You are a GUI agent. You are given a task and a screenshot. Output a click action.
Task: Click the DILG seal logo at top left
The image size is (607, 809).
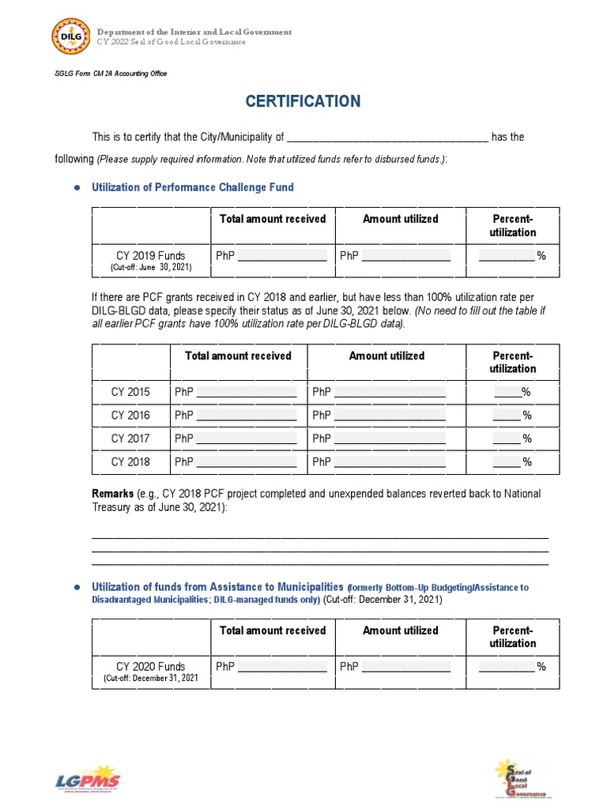point(71,37)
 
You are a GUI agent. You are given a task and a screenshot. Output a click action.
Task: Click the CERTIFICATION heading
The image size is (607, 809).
point(303,101)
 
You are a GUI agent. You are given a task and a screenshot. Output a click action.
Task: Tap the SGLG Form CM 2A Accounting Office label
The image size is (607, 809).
point(111,73)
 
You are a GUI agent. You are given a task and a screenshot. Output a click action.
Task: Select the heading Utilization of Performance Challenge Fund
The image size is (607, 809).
point(193,187)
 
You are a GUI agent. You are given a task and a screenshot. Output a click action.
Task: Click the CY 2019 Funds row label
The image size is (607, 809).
point(151,256)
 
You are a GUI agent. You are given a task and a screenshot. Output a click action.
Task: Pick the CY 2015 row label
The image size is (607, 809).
point(130,392)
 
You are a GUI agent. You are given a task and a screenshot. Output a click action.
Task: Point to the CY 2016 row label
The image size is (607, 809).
point(130,415)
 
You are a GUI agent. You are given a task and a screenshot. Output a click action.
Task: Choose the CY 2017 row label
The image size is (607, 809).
point(130,438)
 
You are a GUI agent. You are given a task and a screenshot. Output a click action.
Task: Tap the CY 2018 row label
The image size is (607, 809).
point(130,462)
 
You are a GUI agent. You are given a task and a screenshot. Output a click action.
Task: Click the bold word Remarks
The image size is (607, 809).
point(113,494)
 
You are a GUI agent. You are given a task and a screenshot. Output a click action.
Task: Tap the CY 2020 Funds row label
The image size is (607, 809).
point(151,667)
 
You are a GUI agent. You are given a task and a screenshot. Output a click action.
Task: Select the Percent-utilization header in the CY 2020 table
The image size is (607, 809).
point(512,637)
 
